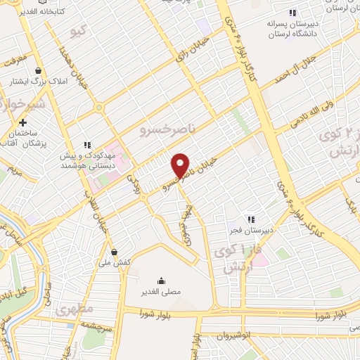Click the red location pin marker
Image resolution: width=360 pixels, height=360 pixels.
181,165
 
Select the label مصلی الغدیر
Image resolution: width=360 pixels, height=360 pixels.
162,290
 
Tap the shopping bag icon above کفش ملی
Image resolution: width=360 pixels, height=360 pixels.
114,252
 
